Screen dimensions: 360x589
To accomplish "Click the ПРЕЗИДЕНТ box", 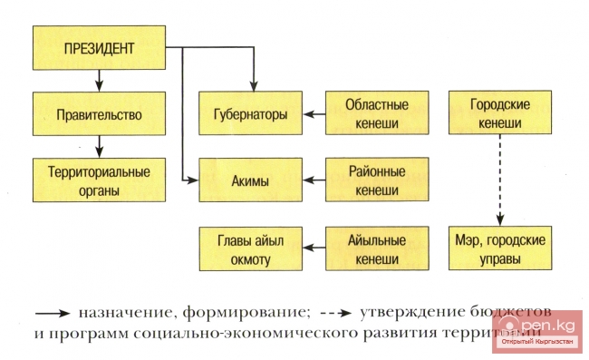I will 100,47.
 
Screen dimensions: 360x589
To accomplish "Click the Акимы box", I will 250,180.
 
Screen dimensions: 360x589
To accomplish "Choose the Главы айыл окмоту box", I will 250,249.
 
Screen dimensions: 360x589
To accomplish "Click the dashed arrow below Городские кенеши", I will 497,181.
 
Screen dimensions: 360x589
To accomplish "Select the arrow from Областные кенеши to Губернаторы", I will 314,115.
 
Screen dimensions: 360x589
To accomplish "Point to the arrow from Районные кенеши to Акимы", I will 314,180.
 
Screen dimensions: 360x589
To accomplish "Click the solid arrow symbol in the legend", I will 51,313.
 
